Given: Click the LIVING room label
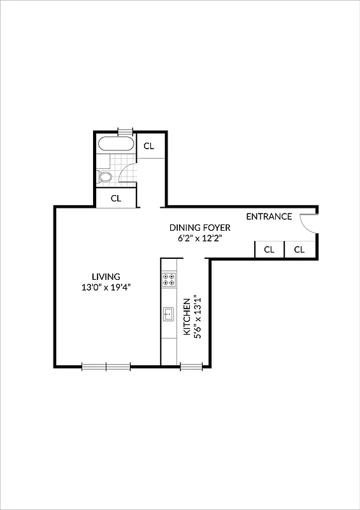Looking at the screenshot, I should [x=106, y=277].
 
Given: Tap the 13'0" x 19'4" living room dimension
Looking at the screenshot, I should [x=106, y=288].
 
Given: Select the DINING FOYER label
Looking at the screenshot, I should [x=199, y=228].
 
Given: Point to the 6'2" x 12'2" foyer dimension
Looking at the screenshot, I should [x=199, y=238].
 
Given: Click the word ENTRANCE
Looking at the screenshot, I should [x=269, y=217].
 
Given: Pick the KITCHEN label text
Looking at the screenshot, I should [x=187, y=317].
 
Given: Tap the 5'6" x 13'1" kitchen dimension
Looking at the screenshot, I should [x=198, y=317].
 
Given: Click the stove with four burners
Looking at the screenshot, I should [x=169, y=279].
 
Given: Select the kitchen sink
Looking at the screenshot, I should [x=169, y=313].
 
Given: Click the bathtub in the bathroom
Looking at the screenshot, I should [x=117, y=144].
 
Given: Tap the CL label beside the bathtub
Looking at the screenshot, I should [x=148, y=146].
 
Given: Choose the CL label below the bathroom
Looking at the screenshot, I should [x=116, y=198].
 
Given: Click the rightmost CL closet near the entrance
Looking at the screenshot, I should [x=299, y=250].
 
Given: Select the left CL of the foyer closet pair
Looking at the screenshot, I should [x=269, y=250].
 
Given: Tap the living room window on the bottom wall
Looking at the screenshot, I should [x=106, y=366].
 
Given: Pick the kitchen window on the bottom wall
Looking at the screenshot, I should [x=191, y=366].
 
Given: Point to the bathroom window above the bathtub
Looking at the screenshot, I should [x=125, y=131].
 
